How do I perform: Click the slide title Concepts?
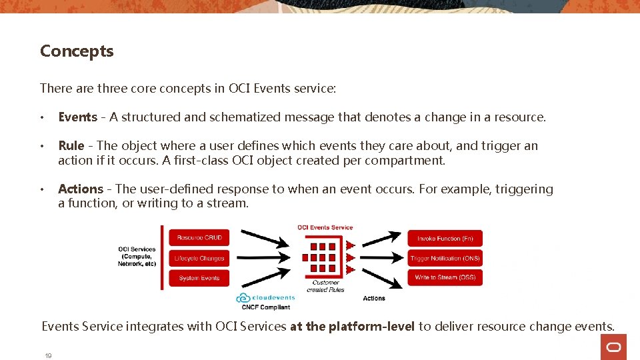tap(77, 51)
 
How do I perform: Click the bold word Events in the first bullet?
tap(77, 117)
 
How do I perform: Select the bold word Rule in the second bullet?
tap(71, 146)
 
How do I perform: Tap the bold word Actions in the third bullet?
tap(81, 189)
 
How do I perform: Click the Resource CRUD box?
tap(199, 238)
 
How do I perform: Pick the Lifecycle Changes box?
tap(199, 258)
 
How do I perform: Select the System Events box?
tap(199, 278)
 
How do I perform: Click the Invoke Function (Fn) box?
tap(445, 238)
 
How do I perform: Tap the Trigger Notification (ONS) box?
tap(445, 258)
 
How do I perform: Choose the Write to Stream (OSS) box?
tap(445, 277)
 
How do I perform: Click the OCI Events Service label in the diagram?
tap(325, 227)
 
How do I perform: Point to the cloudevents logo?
tap(265, 297)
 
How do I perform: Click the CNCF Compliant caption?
tap(266, 307)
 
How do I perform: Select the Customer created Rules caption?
tap(325, 286)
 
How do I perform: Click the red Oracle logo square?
tap(613, 347)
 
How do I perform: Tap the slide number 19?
tap(48, 356)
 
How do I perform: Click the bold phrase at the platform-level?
tap(352, 327)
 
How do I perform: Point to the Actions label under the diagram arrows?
tap(374, 298)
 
